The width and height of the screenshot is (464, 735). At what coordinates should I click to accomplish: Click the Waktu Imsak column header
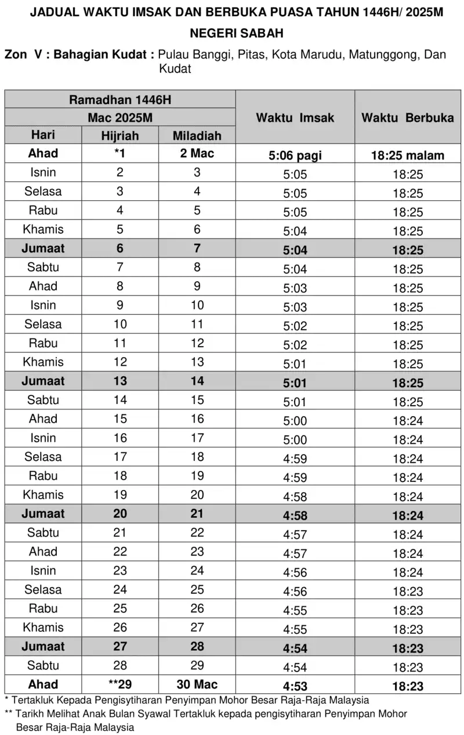pos(295,118)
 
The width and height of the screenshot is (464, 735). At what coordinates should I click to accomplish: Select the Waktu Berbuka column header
pos(408,118)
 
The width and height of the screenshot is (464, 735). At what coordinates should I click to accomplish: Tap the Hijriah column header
pos(120,136)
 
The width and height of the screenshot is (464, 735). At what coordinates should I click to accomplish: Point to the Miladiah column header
pos(197,136)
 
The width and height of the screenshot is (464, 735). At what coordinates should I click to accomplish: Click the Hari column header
pos(43,135)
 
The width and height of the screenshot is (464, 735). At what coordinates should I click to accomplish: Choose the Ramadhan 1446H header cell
pos(120,99)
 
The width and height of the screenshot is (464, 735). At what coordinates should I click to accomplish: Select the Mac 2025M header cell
pos(120,117)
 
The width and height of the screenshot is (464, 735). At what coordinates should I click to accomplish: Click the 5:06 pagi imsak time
pos(295,156)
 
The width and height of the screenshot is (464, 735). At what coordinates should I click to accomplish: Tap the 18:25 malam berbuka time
pos(408,156)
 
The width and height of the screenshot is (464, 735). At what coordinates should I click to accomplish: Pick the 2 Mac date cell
pos(197,154)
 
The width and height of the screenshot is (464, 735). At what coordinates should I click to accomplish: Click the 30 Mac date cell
pos(197,684)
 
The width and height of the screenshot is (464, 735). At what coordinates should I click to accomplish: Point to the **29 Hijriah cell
pos(120,684)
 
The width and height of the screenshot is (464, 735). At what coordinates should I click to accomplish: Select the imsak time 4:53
pos(295,686)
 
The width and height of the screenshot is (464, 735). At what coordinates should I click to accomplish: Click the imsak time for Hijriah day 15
pos(295,420)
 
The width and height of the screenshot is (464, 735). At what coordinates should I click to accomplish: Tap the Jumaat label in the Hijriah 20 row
pos(43,514)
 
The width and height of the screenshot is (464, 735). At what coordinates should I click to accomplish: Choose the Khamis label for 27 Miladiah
pos(43,628)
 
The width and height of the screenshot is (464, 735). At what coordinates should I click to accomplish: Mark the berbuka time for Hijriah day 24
pos(408,591)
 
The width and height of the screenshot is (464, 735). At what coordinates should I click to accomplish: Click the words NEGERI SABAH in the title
pos(237,34)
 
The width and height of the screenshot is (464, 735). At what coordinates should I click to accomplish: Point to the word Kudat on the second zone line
pos(175,69)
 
